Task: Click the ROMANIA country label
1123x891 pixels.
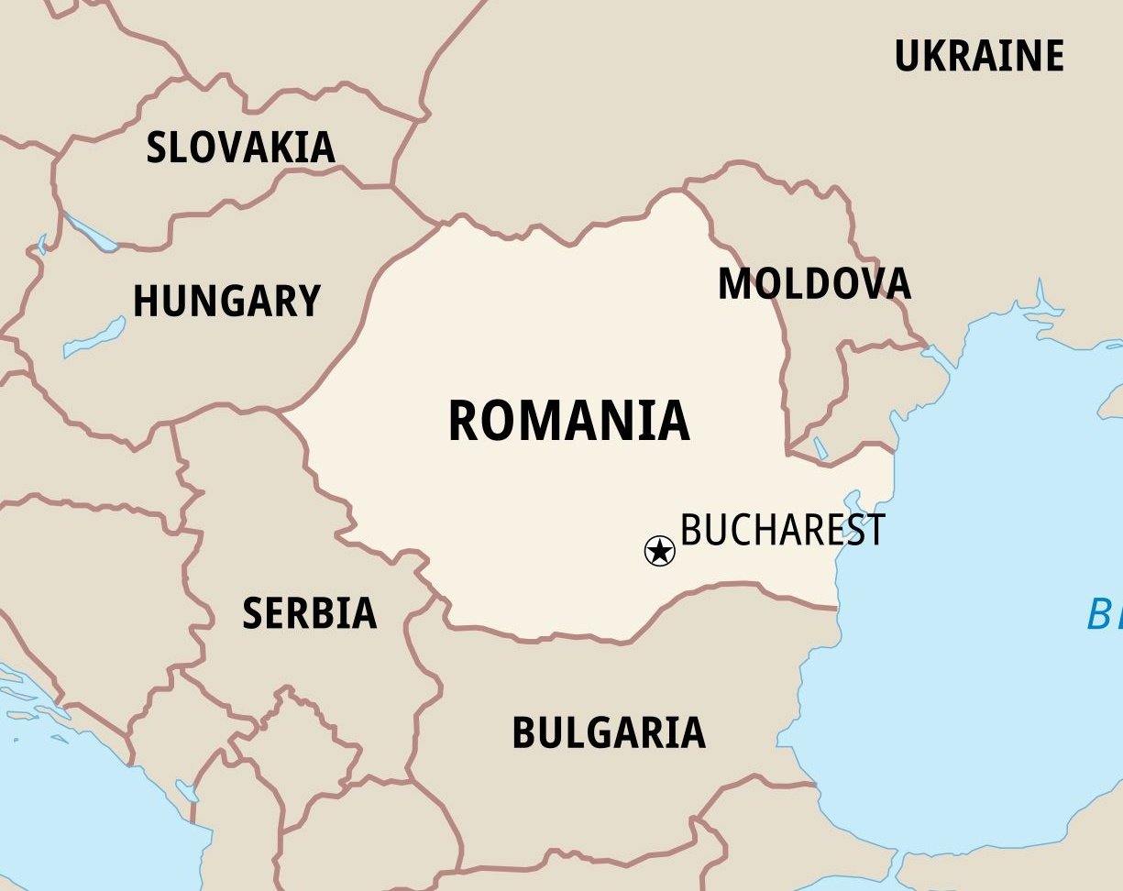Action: tap(568, 421)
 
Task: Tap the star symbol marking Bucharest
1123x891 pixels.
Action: tap(659, 551)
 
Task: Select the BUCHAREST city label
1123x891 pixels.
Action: tap(783, 530)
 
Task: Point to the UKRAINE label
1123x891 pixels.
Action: tap(979, 56)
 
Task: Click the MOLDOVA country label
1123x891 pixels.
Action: tap(814, 284)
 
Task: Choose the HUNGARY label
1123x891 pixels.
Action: tap(226, 301)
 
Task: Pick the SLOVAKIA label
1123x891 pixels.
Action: tap(240, 148)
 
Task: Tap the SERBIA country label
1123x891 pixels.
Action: tap(309, 613)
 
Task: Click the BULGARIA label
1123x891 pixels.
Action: tap(609, 732)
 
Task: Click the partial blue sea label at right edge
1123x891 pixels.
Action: tap(1104, 614)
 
